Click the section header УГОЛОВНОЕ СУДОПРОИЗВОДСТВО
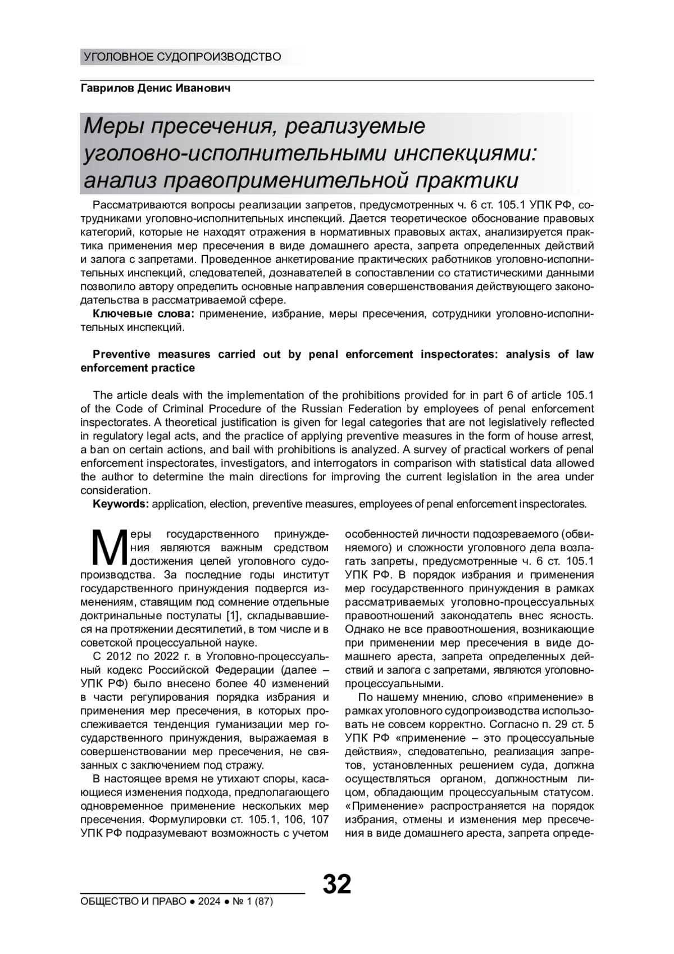pyautogui.click(x=182, y=57)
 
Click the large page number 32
pyautogui.click(x=337, y=884)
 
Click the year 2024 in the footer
pyautogui.click(x=209, y=902)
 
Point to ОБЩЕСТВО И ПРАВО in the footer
pyautogui.click(x=134, y=902)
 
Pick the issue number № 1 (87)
pyautogui.click(x=253, y=902)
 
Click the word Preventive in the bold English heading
pyautogui.click(x=121, y=355)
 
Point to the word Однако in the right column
pyautogui.click(x=365, y=629)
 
